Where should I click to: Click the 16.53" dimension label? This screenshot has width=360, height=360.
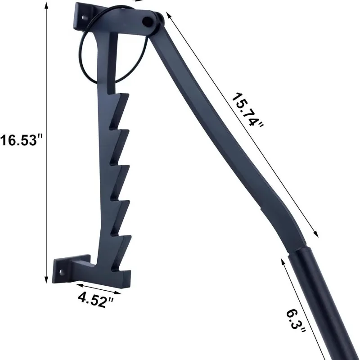22,140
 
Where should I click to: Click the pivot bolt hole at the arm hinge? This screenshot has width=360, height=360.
148,22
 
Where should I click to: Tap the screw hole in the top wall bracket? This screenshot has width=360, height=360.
84,18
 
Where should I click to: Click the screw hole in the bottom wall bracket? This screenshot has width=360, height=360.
62,273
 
